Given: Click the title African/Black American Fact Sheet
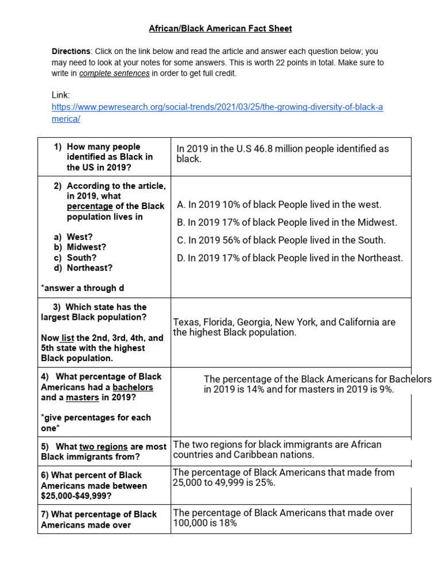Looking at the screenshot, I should (x=220, y=28).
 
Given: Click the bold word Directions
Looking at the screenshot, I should (x=71, y=52).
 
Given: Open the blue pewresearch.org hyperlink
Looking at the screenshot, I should (x=217, y=107).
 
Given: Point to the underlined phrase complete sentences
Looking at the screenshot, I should (x=114, y=73).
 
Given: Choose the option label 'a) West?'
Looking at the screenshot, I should (x=73, y=237).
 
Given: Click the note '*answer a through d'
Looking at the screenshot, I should (x=83, y=288).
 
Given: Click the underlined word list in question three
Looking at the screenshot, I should (x=67, y=338).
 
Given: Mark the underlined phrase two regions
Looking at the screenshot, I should (x=103, y=446).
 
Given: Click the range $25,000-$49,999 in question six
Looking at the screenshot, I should (x=77, y=496).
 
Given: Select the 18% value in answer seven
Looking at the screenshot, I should (x=228, y=523).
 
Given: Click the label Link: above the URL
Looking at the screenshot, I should (x=61, y=95).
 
